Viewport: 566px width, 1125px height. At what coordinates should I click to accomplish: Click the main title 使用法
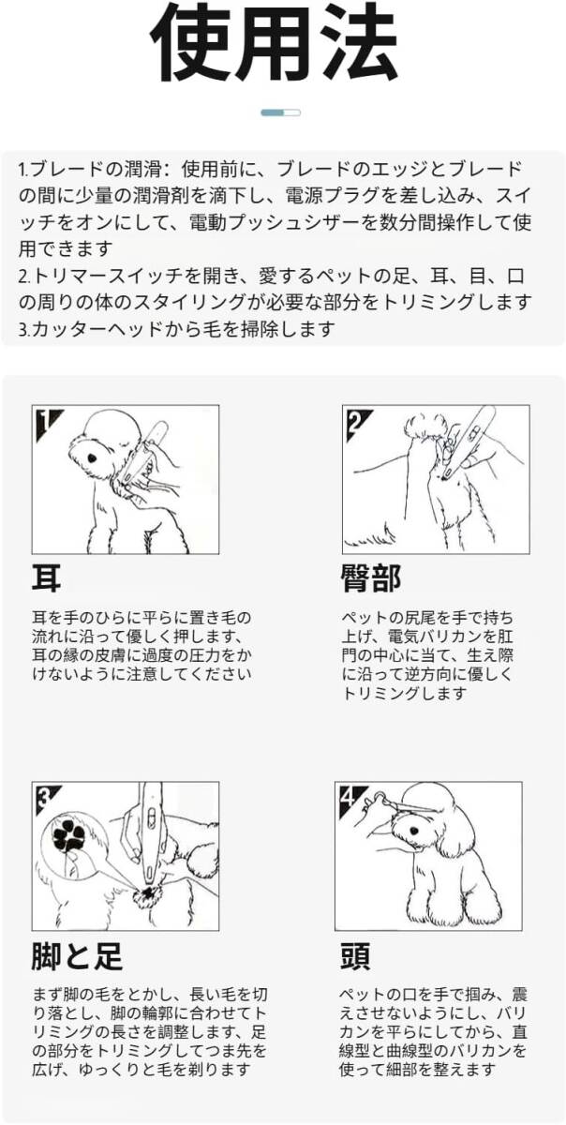[x=274, y=44]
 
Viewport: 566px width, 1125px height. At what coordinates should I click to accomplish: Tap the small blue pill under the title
[x=280, y=112]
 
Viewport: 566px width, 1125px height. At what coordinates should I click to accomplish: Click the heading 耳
[x=46, y=578]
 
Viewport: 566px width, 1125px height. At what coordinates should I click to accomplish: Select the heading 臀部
[x=371, y=578]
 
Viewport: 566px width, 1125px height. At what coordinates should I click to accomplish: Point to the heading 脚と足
[x=77, y=955]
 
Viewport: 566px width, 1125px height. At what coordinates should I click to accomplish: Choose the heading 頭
[x=355, y=955]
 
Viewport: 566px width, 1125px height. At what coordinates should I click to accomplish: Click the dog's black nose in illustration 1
[x=93, y=458]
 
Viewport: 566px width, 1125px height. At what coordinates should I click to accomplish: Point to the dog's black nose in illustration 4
[x=414, y=831]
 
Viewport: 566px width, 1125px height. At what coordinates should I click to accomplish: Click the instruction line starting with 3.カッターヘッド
[x=176, y=329]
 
